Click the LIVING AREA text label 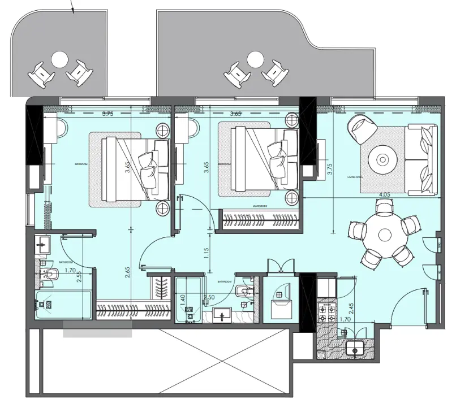pos(355,177)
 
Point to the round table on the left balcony pos(59,58)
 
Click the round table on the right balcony pos(255,58)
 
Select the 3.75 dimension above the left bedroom pos(107,114)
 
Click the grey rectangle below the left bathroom pos(97,333)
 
